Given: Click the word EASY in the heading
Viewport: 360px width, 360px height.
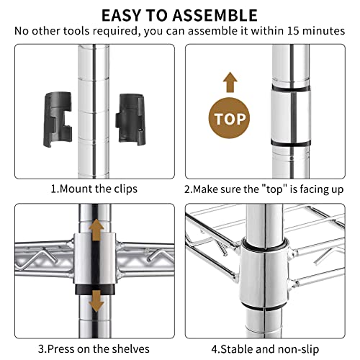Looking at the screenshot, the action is tap(122, 15).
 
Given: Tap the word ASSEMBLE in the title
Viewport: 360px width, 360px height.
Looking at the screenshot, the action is tap(215, 15).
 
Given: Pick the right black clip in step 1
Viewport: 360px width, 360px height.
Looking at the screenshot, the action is tap(131, 119).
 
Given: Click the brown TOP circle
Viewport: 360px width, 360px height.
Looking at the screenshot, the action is tap(229, 118).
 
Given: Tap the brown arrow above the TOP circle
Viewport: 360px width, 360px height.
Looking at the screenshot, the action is tap(230, 82).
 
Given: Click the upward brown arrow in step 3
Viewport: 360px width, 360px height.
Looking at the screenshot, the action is tap(96, 230).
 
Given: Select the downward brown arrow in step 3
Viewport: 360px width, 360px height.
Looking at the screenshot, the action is tap(96, 301).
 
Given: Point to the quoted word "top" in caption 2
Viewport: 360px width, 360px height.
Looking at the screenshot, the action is tap(275, 189).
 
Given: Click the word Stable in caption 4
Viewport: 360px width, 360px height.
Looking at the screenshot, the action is tap(236, 349).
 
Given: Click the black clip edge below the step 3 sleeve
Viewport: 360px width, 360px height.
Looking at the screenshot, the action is tap(95, 289).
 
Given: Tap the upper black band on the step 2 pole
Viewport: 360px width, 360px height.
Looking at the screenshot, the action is tap(291, 88).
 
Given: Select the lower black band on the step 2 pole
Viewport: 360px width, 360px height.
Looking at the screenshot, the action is tap(291, 143).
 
